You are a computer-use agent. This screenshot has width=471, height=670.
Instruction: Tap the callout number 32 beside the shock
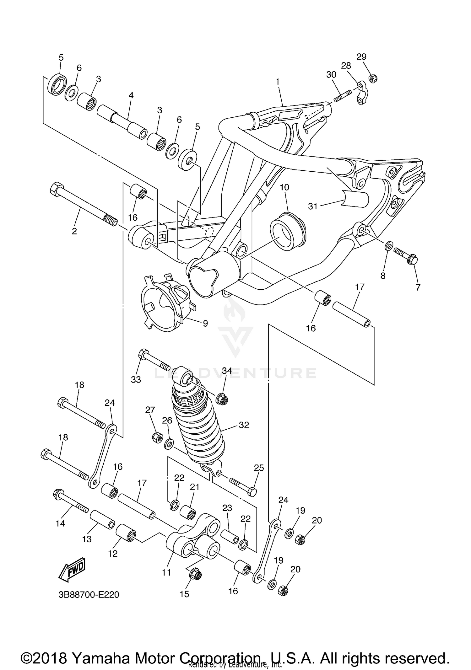pos(244,425)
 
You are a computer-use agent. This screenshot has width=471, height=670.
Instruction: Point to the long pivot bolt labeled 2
pos(83,204)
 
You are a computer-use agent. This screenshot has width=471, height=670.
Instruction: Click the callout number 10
pos(284,187)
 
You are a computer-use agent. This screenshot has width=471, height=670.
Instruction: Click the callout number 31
pos(312,206)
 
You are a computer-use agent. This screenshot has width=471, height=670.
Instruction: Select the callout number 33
pos(136,379)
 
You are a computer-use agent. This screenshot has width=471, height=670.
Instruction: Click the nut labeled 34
pos(222,399)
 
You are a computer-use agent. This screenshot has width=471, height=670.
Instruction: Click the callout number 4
pos(131,95)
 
